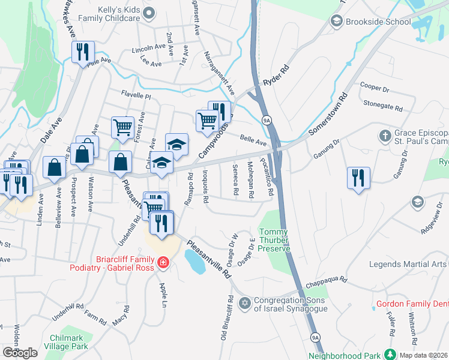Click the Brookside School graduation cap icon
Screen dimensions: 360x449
tap(336, 22)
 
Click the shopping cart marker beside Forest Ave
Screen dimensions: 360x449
tap(122, 127)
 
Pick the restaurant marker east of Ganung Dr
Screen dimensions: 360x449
tap(358, 178)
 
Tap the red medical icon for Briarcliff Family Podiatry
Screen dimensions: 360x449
tap(162, 262)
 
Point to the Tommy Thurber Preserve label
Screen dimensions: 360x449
tap(275, 240)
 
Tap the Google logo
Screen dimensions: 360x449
tap(20, 353)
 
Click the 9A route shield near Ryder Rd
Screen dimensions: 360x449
tap(267, 121)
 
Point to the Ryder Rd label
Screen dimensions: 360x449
tap(276, 76)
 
